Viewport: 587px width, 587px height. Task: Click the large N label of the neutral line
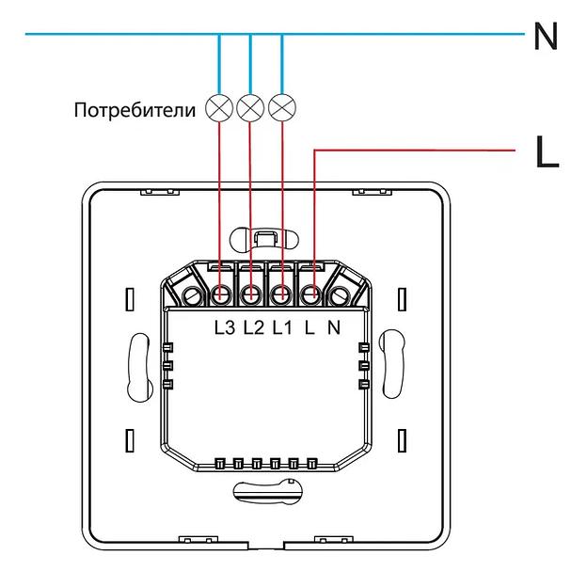coord(547,37)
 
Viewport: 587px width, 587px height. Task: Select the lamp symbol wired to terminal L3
coord(219,108)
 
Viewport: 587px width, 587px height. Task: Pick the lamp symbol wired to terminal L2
coord(250,108)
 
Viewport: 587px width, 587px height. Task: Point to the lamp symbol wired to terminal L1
coord(281,108)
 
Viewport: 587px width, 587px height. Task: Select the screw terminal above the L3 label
coord(222,296)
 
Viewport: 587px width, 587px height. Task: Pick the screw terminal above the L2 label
coord(251,296)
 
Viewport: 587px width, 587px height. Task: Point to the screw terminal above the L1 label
coord(280,296)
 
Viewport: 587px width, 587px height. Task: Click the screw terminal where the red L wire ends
coord(310,296)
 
